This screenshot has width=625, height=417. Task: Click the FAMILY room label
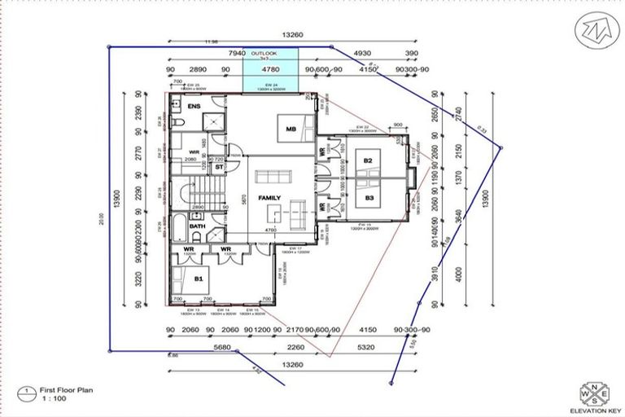coord(269,198)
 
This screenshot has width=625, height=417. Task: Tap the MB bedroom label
coord(291,129)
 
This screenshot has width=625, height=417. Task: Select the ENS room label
coord(194,107)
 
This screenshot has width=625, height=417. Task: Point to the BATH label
coord(197,226)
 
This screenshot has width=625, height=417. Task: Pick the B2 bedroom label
coord(369,161)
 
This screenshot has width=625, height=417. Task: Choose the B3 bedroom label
coord(369,198)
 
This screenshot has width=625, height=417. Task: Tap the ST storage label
coord(219,167)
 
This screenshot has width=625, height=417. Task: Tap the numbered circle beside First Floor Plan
coord(29,391)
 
